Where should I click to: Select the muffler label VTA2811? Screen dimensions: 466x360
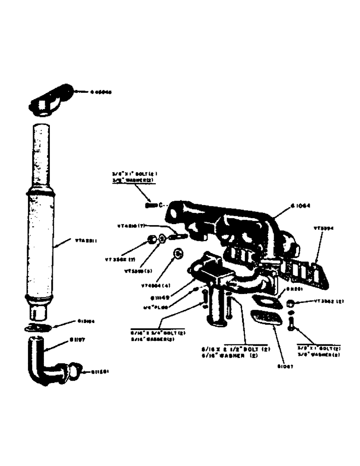(x=86, y=241)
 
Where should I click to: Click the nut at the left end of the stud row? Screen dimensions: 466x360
(x=152, y=240)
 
